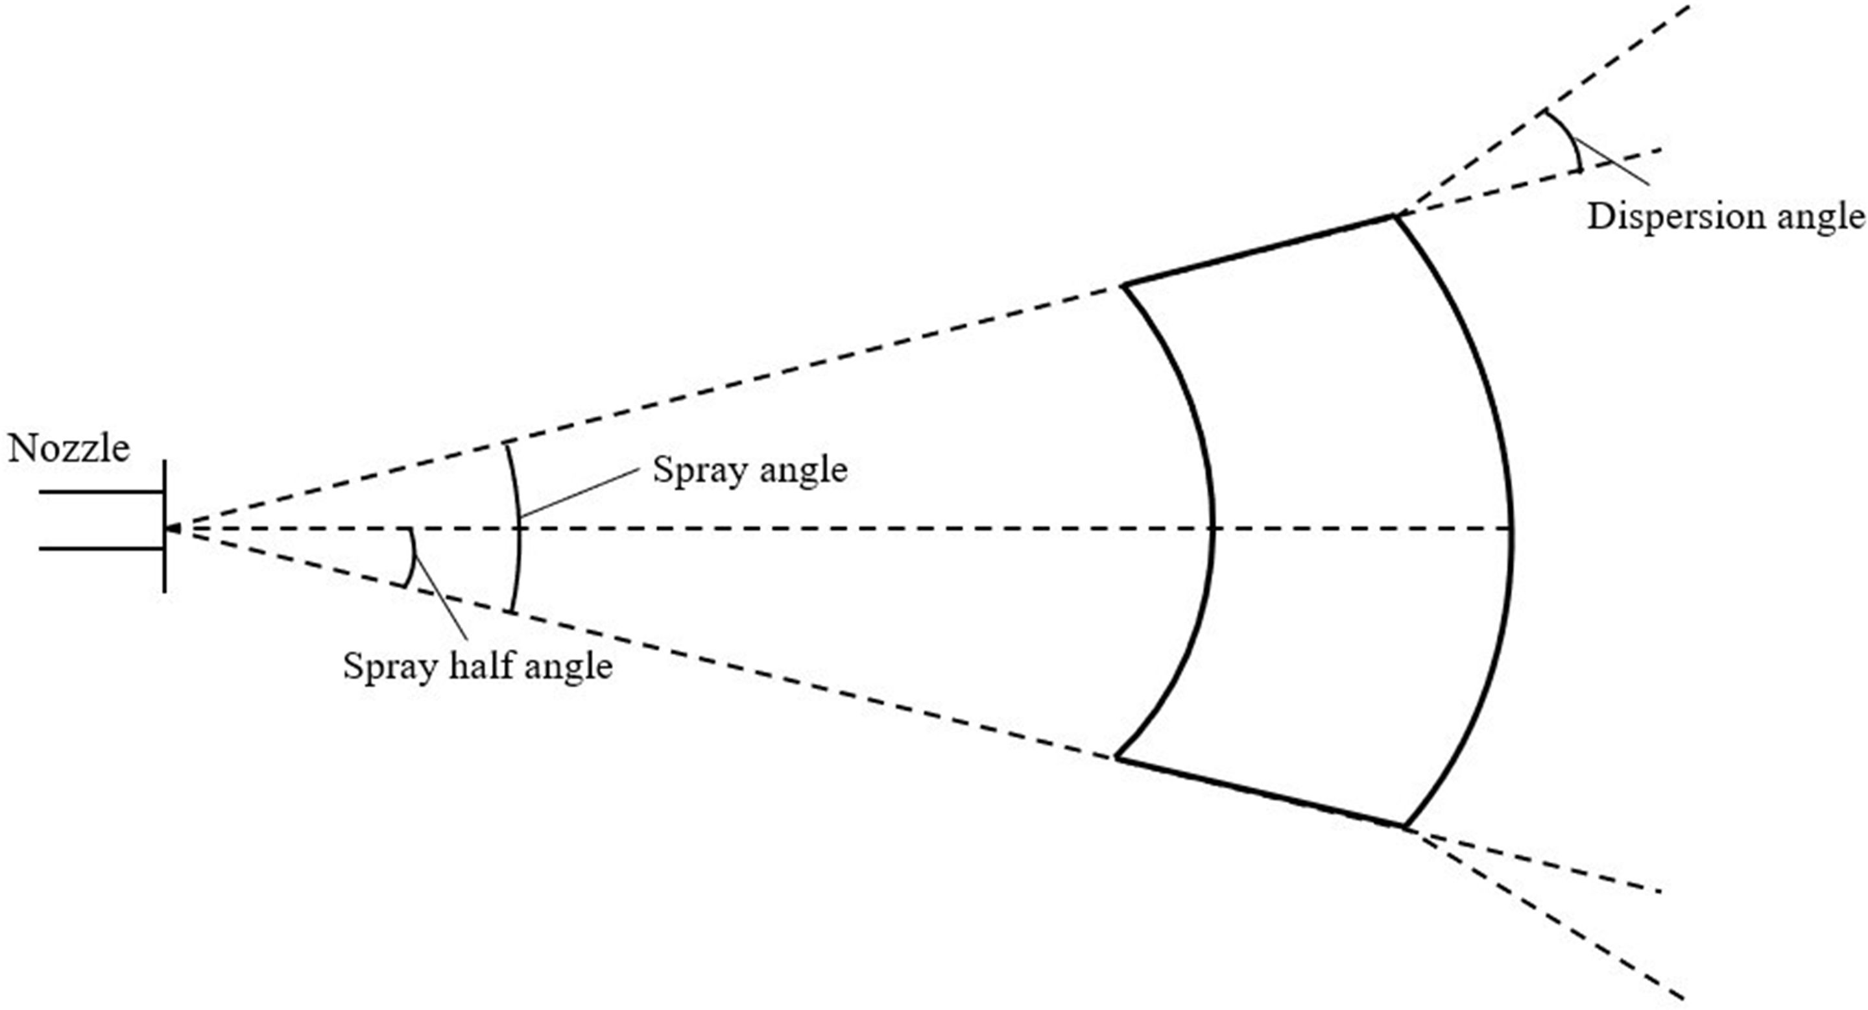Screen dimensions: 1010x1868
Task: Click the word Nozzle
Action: coord(69,449)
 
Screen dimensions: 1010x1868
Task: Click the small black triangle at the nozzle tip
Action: coord(173,528)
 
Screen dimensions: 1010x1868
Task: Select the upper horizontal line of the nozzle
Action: coord(102,492)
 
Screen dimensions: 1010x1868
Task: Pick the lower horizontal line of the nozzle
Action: coord(102,548)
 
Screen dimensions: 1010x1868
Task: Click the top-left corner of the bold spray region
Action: coord(1124,286)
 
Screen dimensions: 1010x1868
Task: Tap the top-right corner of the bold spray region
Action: coord(1395,216)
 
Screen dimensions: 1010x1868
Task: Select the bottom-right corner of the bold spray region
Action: coord(1405,827)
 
